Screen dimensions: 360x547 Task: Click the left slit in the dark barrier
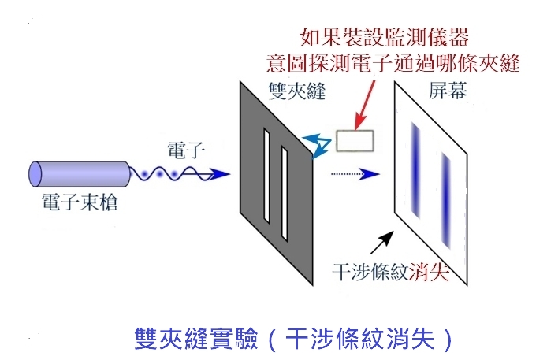pyautogui.click(x=266, y=177)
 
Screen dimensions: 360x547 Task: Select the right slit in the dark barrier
pyautogui.click(x=284, y=191)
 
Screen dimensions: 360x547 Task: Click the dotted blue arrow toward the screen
pyautogui.click(x=353, y=174)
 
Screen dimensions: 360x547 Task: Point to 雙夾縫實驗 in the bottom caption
pyautogui.click(x=178, y=339)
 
